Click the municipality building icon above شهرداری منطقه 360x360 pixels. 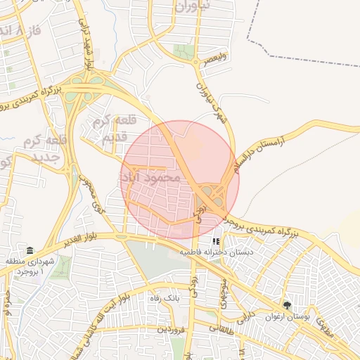(x=30, y=251)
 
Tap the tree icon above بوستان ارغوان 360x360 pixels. (x=287, y=305)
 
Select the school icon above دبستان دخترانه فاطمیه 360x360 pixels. (x=215, y=241)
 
